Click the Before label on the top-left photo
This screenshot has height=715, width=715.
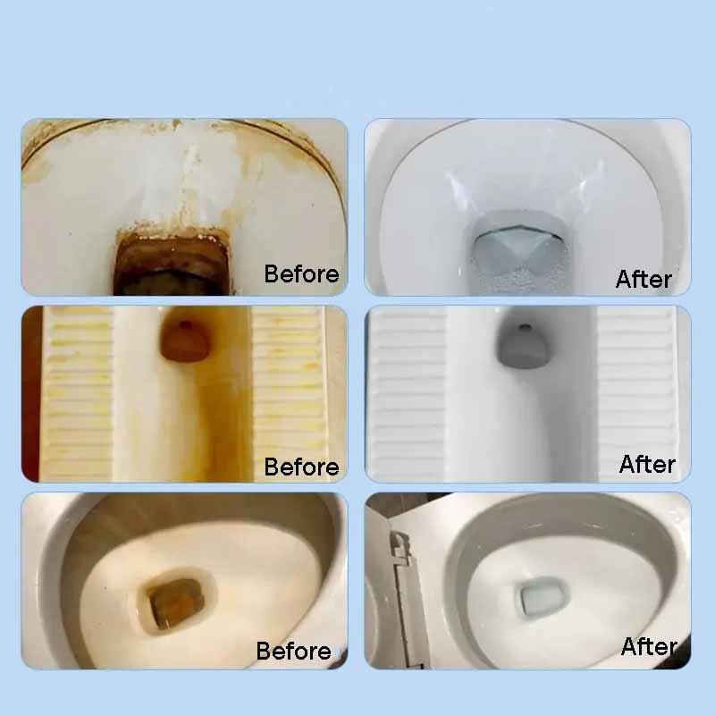301,273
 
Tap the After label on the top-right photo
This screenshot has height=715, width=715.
643,279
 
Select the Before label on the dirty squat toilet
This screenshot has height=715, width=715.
301,467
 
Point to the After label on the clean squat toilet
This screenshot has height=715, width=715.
647,464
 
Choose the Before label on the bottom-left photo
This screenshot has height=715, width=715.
293,651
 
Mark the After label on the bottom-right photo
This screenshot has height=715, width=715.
649,645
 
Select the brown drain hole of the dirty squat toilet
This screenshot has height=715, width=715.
183,341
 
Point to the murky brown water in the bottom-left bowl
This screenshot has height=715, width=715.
173,597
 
